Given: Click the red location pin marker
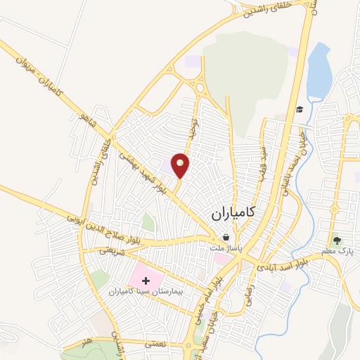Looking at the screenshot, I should coord(181,165).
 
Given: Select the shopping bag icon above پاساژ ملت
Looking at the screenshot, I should coord(225,237).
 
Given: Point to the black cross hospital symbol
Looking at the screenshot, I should coord(146,281).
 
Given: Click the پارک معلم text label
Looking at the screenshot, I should coord(335,250).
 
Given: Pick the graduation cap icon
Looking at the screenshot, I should coord(300,109).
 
